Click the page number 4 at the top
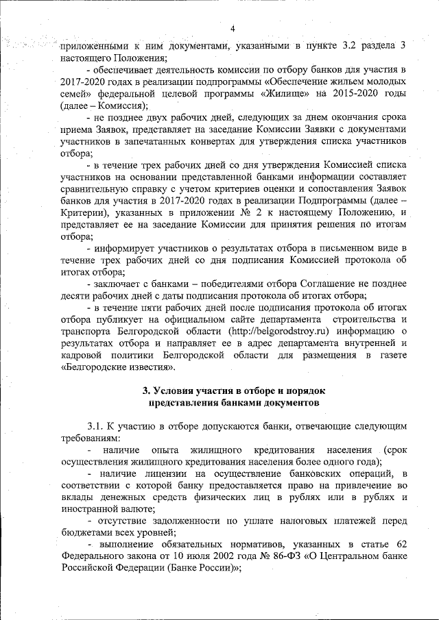(x=233, y=28)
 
